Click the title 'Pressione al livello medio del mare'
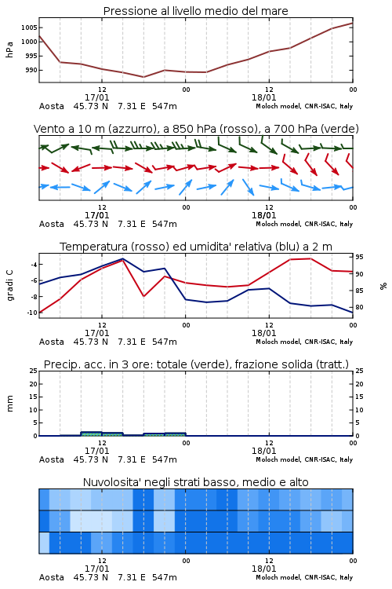click(x=195, y=11)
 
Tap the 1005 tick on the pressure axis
click(x=29, y=27)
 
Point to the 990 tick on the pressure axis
click(x=31, y=70)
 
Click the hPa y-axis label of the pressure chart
click(x=9, y=49)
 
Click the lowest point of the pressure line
click(x=143, y=77)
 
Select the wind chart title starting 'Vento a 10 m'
click(x=196, y=129)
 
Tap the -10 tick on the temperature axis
click(x=32, y=313)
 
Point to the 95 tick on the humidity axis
click(x=359, y=257)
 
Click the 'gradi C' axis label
click(x=9, y=285)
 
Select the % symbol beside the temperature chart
click(x=383, y=286)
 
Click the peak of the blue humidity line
click(x=122, y=258)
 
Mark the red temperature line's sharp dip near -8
click(x=143, y=296)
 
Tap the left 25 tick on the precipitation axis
click(x=34, y=371)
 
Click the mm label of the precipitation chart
click(x=9, y=404)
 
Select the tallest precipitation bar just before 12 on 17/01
click(x=92, y=434)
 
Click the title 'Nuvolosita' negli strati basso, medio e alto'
click(x=195, y=482)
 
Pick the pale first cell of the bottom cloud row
click(x=44, y=543)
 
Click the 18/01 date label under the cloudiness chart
click(x=264, y=569)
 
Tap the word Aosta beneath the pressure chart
click(x=52, y=106)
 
